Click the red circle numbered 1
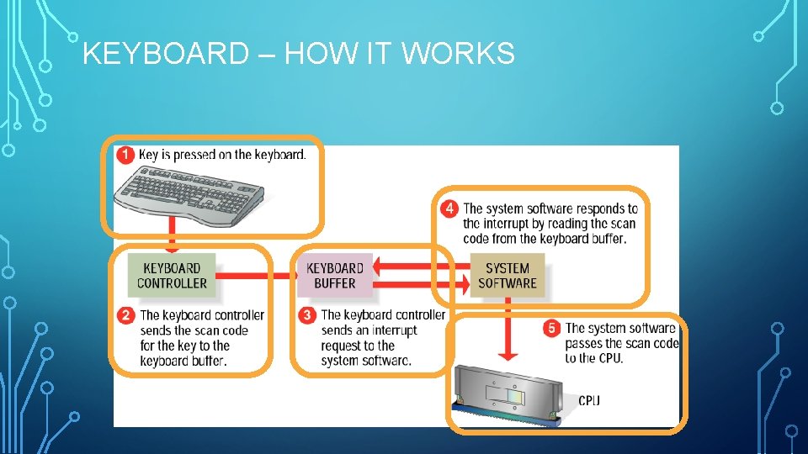[x=125, y=155]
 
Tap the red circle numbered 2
[x=125, y=315]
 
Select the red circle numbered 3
[x=307, y=315]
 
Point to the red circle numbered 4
[x=449, y=209]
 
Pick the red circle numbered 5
[x=551, y=328]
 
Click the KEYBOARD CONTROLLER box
[x=172, y=276]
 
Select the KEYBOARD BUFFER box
[x=335, y=276]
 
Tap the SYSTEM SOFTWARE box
[x=508, y=276]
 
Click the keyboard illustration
[x=189, y=196]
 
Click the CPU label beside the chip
[x=589, y=400]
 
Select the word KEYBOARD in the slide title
[x=166, y=53]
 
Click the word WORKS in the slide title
[x=458, y=53]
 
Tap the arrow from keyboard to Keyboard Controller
[x=172, y=235]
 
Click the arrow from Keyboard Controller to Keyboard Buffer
[x=257, y=276]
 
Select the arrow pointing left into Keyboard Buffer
[x=421, y=267]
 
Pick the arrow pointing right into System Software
[x=421, y=284]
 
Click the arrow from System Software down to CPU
[x=508, y=330]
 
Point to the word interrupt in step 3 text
[x=394, y=330]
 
